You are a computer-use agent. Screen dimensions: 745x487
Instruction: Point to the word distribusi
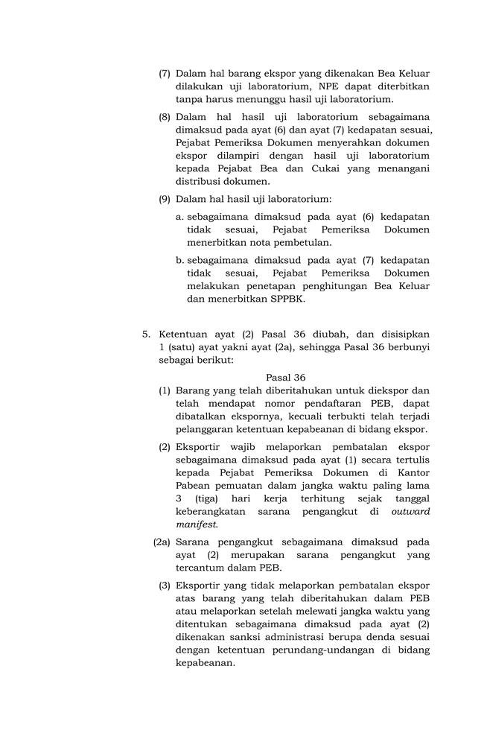pyautogui.click(x=200, y=181)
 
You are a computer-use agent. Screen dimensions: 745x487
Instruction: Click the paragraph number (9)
pyautogui.click(x=165, y=199)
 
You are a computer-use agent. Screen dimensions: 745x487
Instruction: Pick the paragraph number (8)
pyautogui.click(x=165, y=117)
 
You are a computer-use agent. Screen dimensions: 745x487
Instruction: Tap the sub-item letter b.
pyautogui.click(x=179, y=261)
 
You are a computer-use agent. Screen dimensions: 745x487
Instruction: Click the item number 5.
pyautogui.click(x=147, y=335)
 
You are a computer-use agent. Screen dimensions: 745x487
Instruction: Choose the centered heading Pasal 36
pyautogui.click(x=286, y=378)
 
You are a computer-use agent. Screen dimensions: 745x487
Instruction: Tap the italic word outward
pyautogui.click(x=411, y=512)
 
